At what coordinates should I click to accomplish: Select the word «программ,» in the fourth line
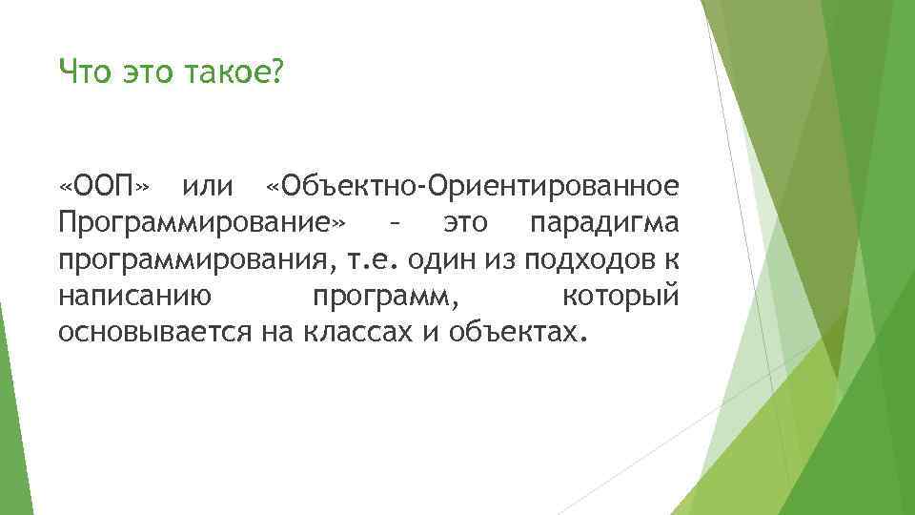(x=385, y=297)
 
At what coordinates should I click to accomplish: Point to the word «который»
(x=620, y=296)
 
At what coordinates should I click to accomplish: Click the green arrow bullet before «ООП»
(x=47, y=184)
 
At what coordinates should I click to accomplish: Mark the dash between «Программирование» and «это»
(x=393, y=224)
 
